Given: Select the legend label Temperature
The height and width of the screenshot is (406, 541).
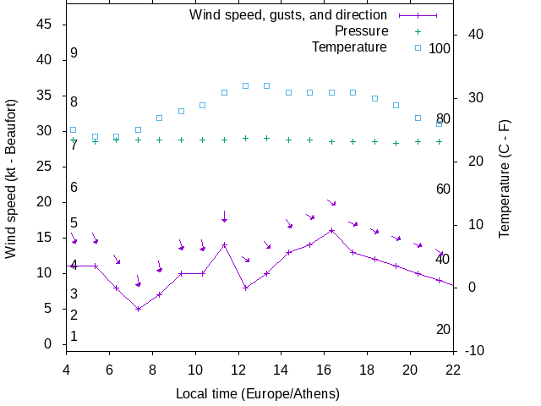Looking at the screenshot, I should tap(349, 47).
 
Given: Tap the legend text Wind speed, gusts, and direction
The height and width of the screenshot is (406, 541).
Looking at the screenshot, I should tap(288, 15).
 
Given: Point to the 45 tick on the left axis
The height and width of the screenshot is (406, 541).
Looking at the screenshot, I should tap(46, 25).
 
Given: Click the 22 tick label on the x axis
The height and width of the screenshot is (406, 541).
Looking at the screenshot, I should tap(453, 369).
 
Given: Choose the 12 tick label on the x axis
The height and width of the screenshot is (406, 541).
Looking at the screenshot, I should tap(238, 369).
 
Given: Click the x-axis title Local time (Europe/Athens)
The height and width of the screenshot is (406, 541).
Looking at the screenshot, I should tap(258, 394).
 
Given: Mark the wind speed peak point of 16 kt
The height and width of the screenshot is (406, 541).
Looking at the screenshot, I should tap(331, 230).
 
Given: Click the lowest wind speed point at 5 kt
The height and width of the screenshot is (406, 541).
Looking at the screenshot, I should tap(138, 309).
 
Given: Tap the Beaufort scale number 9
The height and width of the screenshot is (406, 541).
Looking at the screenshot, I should tap(74, 53).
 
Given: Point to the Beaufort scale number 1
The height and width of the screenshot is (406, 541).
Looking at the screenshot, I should tap(74, 337).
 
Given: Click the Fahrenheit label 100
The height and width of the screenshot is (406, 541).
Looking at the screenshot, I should tap(440, 48).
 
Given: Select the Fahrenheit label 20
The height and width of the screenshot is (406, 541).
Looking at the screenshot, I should tap(443, 329).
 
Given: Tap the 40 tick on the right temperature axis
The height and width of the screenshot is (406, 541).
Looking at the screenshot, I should tap(475, 35).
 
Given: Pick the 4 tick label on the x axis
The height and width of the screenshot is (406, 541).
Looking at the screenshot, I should tap(67, 369).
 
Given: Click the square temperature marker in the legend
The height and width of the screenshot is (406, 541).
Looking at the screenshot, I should tap(417, 47).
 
